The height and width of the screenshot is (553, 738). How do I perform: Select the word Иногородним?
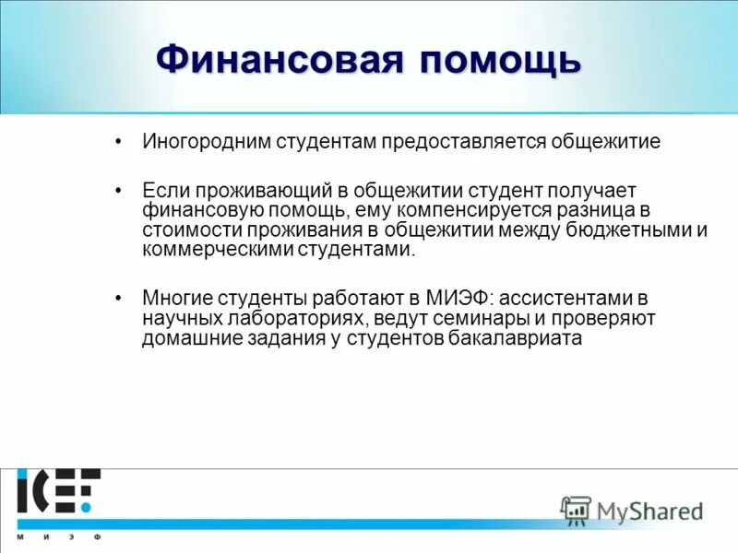pyautogui.click(x=200, y=142)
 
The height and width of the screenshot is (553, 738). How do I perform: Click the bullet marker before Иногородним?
pyautogui.click(x=118, y=143)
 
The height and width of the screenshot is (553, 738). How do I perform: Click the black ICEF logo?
pyautogui.click(x=57, y=493)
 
